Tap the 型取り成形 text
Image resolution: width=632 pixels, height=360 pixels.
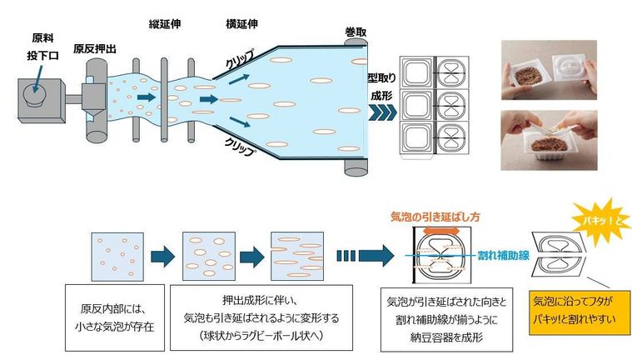click(381, 88)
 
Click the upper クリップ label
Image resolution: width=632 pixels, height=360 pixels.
click(241, 62)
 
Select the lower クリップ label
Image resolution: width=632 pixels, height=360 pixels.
click(241, 142)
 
